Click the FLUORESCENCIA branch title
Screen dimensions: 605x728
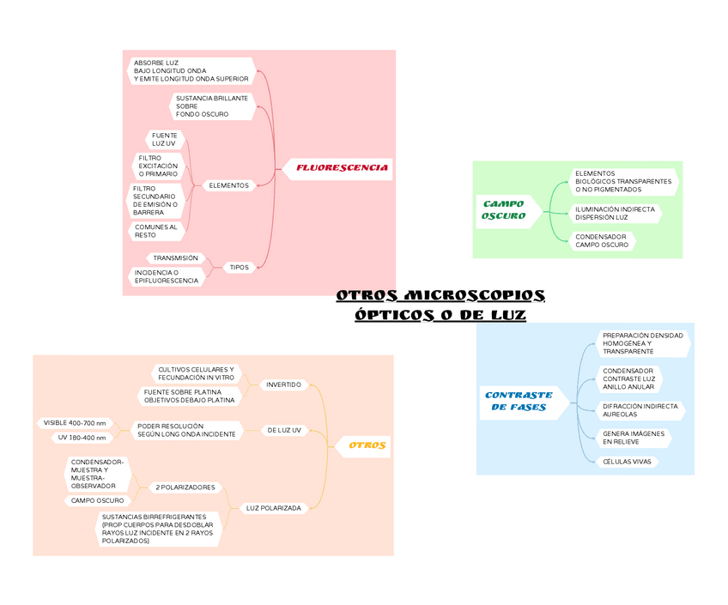(x=342, y=167)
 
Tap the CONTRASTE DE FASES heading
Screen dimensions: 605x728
(x=519, y=401)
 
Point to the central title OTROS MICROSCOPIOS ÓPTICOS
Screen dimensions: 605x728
(x=440, y=306)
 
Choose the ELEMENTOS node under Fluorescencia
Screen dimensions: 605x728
(x=228, y=185)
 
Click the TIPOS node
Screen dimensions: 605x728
(x=239, y=267)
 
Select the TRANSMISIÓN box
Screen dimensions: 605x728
(x=175, y=257)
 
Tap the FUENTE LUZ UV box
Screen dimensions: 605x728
(x=164, y=139)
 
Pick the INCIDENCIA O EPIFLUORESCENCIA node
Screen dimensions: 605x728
(x=167, y=276)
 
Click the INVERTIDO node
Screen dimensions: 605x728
(x=283, y=384)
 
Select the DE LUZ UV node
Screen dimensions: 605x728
(x=284, y=430)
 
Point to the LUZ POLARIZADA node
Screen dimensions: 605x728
(x=273, y=508)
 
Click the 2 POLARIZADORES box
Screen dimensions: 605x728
(x=185, y=487)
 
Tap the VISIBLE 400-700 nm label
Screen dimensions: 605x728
(x=75, y=423)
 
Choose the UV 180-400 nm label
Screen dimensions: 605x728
(x=82, y=438)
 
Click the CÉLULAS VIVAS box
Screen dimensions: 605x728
(x=627, y=462)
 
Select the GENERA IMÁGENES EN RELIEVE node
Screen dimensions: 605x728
(x=633, y=438)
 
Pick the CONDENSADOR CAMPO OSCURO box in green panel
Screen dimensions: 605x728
(x=601, y=240)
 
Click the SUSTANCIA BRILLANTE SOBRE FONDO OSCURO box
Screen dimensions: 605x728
(x=211, y=106)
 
